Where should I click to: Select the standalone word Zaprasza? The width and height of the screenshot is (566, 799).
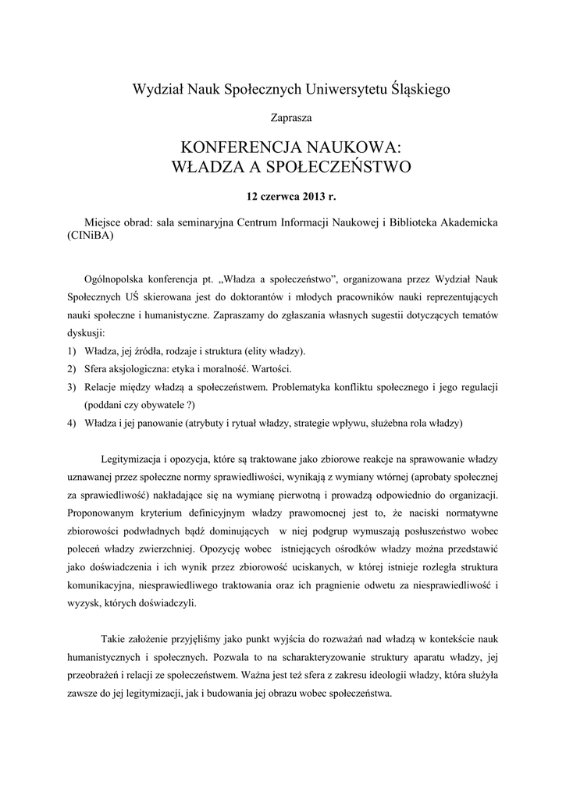pos(283,118)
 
